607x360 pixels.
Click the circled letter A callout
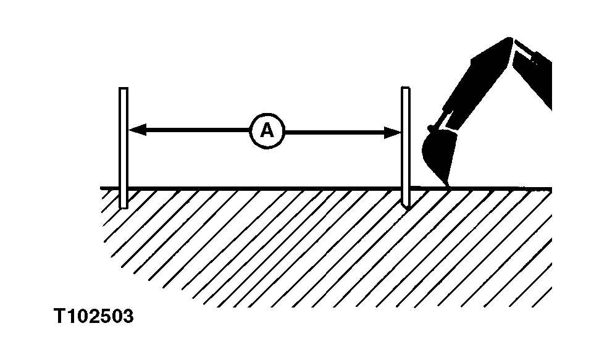pos(267,132)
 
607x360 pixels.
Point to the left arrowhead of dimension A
pos(137,130)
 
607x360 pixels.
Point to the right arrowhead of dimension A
pos(393,133)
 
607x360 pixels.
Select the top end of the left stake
pos(123,89)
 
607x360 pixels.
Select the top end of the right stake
pos(405,88)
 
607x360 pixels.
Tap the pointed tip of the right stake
pos(406,209)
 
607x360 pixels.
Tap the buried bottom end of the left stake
pos(123,207)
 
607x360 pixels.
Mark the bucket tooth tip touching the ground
pos(449,186)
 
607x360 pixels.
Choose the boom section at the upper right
pos(532,77)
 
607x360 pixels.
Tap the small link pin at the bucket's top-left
pos(430,127)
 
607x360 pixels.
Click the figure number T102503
pos(94,316)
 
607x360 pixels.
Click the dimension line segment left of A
pos(190,130)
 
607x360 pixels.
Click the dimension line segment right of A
pos(343,132)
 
